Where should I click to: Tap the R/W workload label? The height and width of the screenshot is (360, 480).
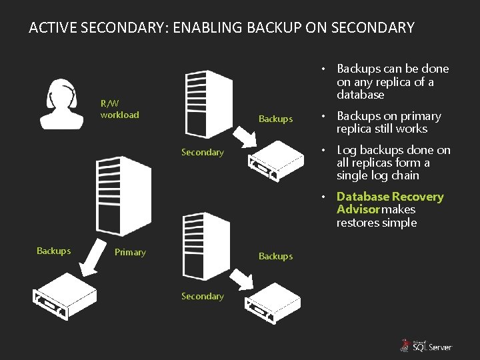coord(119,109)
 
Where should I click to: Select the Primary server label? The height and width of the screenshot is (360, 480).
coord(130,252)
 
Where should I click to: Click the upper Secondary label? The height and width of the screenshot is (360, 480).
coord(203,153)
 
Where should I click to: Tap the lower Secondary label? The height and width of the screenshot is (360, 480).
coord(203,296)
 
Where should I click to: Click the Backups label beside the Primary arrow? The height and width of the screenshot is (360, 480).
coord(53,251)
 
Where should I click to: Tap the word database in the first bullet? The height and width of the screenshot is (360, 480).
coord(361,95)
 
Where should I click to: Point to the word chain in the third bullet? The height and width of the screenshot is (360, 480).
coord(405,176)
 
